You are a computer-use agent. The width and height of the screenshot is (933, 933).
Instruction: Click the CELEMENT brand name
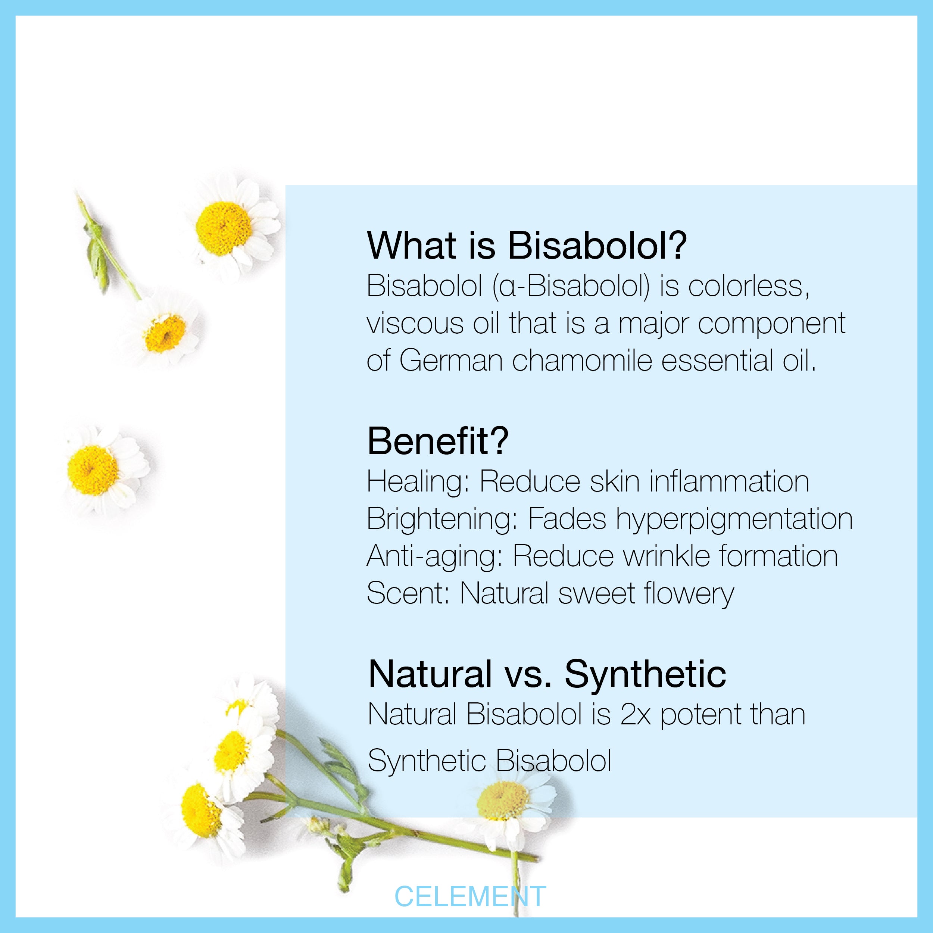pyautogui.click(x=470, y=897)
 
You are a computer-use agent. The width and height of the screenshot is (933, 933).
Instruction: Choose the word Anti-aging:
pyautogui.click(x=435, y=557)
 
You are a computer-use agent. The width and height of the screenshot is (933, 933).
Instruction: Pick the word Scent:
pyautogui.click(x=408, y=593)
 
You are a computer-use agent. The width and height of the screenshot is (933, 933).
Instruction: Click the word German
pyautogui.click(x=452, y=361)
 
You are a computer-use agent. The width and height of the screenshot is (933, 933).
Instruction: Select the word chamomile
pyautogui.click(x=582, y=361)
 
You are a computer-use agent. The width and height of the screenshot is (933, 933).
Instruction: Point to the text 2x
pyautogui.click(x=636, y=715)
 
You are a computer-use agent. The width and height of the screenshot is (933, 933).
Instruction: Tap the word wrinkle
pyautogui.click(x=667, y=556)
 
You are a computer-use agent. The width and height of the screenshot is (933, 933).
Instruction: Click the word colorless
pyautogui.click(x=749, y=286)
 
